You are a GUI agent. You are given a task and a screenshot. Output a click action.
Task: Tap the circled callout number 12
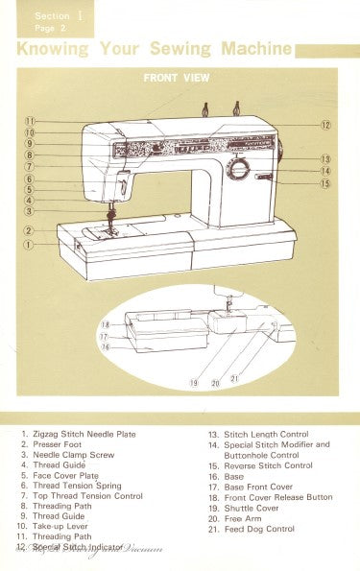point(325,125)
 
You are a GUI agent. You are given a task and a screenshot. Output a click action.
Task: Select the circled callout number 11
point(30,121)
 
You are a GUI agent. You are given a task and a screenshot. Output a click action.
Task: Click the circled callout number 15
point(325,183)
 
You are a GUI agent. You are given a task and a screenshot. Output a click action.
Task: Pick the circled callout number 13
point(325,158)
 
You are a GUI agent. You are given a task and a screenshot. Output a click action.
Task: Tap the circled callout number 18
point(105,325)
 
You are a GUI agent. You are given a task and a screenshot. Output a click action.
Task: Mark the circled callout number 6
point(30,178)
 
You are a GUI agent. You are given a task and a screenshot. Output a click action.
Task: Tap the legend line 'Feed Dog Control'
point(252,529)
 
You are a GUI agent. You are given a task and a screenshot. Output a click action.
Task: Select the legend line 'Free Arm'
point(234,518)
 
